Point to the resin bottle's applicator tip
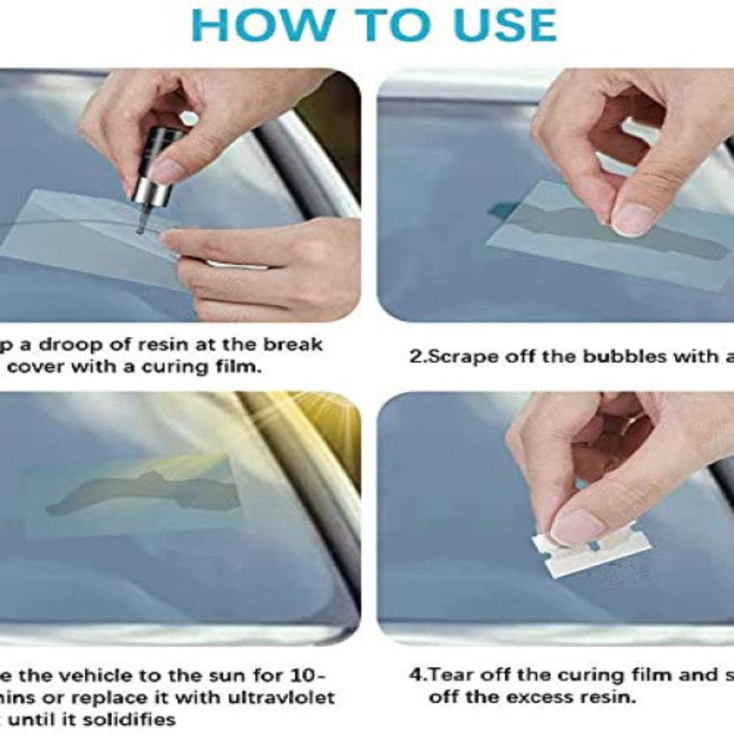click(140, 229)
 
